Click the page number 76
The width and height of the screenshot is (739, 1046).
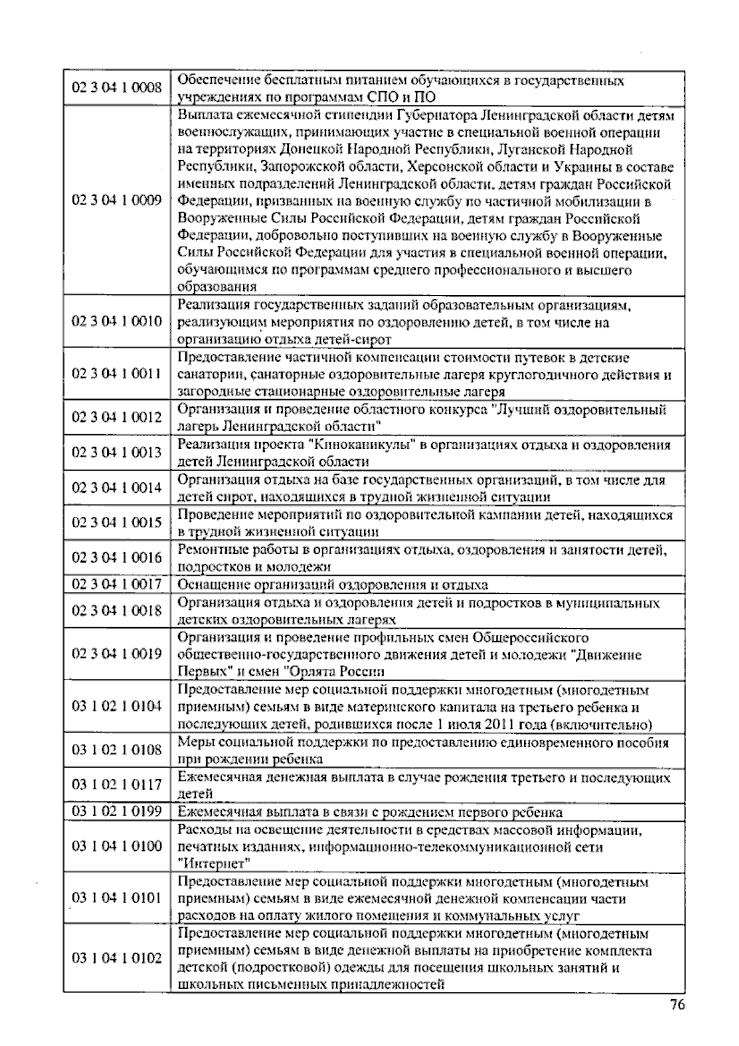tap(677, 1005)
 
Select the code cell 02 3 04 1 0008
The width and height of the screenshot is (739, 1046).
tap(117, 87)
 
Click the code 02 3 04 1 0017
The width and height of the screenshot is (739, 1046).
tap(117, 584)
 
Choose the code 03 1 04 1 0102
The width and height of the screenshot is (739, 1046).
tap(117, 959)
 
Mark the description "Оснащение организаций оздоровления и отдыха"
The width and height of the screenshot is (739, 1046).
tap(333, 585)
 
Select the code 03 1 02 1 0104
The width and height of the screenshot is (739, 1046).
tap(117, 706)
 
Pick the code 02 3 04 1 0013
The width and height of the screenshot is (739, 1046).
tap(117, 452)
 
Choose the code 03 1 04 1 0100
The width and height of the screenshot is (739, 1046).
tap(117, 846)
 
